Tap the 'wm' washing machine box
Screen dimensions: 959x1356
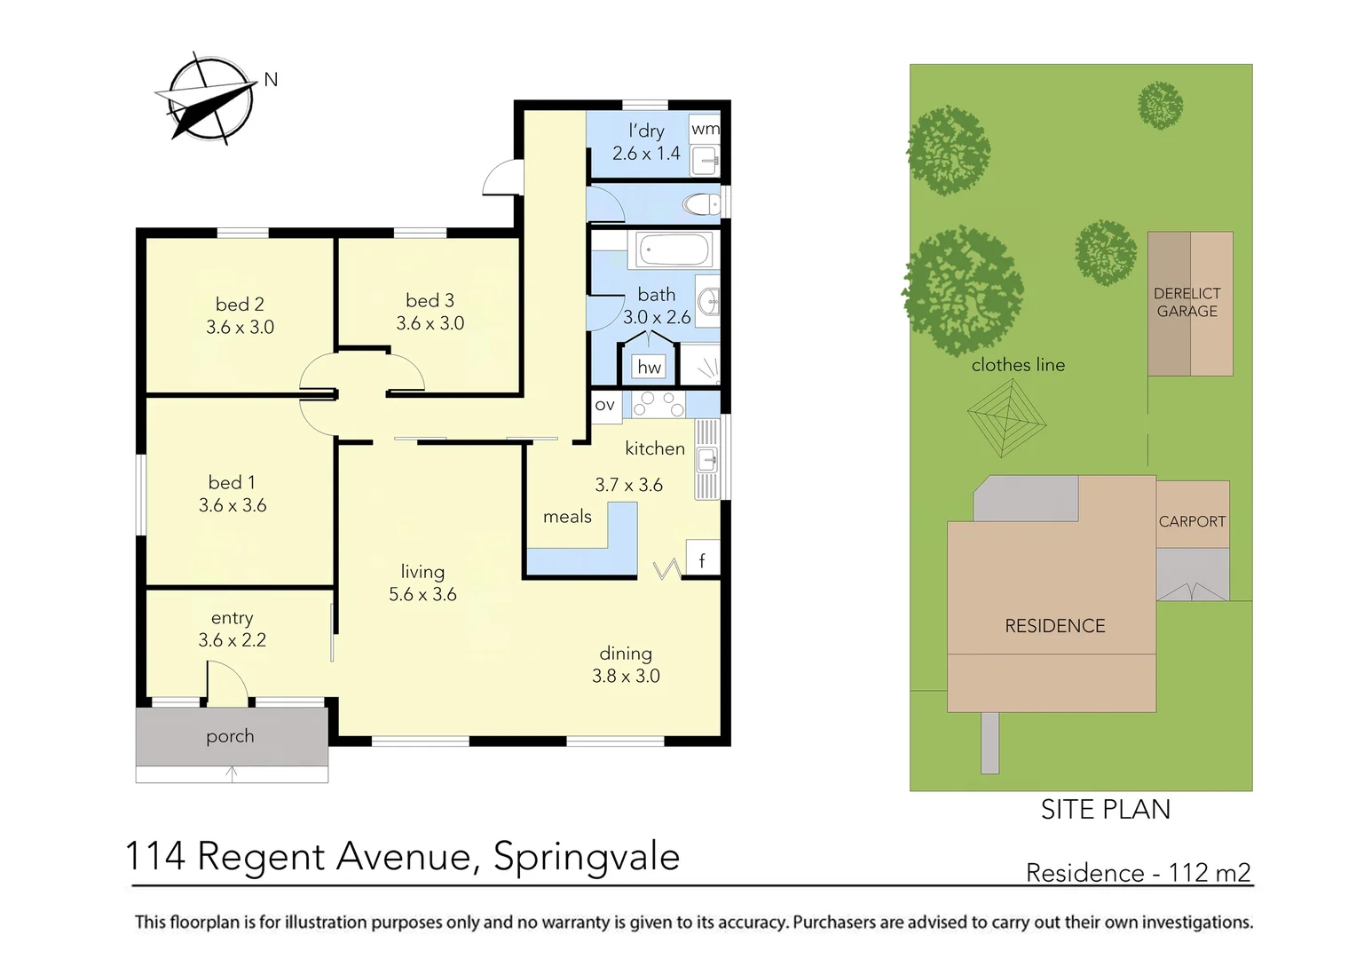pyautogui.click(x=706, y=129)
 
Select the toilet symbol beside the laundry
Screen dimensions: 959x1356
pyautogui.click(x=703, y=205)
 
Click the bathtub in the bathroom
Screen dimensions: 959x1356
pyautogui.click(x=674, y=250)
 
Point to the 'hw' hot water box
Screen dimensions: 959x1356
pyautogui.click(x=650, y=367)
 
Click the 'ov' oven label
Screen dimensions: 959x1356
pyautogui.click(x=605, y=405)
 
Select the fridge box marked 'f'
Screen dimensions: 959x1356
pyautogui.click(x=702, y=559)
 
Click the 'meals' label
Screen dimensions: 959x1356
pyautogui.click(x=567, y=517)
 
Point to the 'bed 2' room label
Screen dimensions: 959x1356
pyautogui.click(x=240, y=305)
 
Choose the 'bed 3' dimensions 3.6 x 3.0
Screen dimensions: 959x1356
pyautogui.click(x=430, y=324)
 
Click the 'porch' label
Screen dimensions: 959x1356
pyautogui.click(x=230, y=736)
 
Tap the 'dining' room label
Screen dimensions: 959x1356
pyautogui.click(x=626, y=654)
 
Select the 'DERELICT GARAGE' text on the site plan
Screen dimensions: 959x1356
pyautogui.click(x=1186, y=302)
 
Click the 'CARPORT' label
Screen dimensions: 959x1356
pyautogui.click(x=1192, y=521)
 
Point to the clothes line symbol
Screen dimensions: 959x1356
pyautogui.click(x=1006, y=417)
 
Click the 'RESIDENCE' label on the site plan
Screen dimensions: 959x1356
pyautogui.click(x=1054, y=626)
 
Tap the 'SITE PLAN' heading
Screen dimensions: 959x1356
pyautogui.click(x=1105, y=809)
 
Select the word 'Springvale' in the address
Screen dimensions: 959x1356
pyautogui.click(x=586, y=857)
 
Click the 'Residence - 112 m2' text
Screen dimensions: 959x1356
pyautogui.click(x=1138, y=872)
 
